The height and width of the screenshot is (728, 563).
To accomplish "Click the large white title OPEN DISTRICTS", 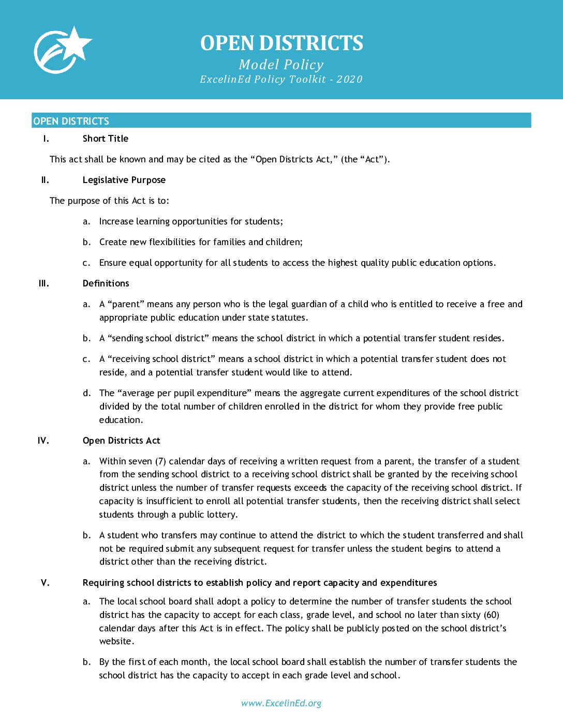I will coord(281,43).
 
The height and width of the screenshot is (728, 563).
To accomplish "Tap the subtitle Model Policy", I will coord(281,65).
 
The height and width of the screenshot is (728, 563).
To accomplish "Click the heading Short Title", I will coord(105,139).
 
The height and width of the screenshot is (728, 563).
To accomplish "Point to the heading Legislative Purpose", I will coord(124,180).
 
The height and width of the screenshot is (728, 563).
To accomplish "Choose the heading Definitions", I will coord(106,283).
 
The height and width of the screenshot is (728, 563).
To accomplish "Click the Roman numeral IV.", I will coord(43,441).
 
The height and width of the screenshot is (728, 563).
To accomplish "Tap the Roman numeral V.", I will coord(46,583).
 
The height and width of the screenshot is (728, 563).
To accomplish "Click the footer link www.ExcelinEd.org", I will coord(281,703).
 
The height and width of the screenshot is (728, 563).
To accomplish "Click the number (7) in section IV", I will coord(160,461).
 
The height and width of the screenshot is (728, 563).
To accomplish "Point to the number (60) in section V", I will coord(492,615).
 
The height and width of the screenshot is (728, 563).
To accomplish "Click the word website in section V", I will coord(116,641).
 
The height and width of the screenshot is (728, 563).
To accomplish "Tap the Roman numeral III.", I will coord(44,283).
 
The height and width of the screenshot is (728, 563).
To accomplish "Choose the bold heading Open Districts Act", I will coord(121,441).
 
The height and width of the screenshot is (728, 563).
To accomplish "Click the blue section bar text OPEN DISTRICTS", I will coord(71,121).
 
